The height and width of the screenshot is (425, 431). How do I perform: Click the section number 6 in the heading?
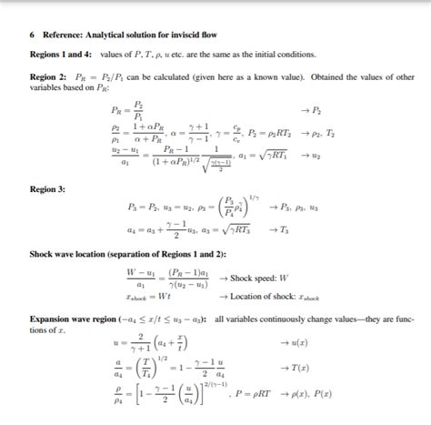click(x=32, y=35)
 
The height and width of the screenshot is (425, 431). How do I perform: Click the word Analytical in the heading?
click(x=111, y=35)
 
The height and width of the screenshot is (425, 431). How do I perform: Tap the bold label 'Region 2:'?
click(x=48, y=76)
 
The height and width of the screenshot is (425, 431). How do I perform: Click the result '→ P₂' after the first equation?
click(x=315, y=110)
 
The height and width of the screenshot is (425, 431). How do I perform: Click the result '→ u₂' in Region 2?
click(x=315, y=156)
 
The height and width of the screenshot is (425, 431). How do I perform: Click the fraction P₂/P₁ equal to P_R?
click(x=138, y=110)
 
